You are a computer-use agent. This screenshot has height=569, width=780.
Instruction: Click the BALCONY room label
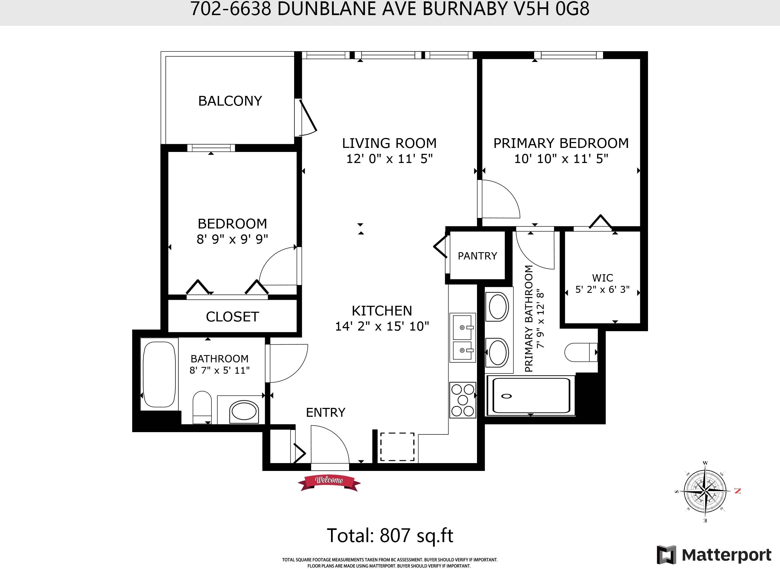click(x=230, y=101)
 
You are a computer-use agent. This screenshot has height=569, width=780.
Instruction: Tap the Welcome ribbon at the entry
click(x=329, y=482)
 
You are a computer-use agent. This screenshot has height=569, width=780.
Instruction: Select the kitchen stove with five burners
click(x=462, y=400)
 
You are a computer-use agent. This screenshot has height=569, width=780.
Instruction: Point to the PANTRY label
click(x=477, y=256)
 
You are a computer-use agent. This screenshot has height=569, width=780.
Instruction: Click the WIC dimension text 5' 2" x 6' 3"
click(x=602, y=289)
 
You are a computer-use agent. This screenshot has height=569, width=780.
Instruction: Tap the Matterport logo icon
click(x=666, y=555)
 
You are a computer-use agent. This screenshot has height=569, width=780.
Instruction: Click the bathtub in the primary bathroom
click(x=531, y=395)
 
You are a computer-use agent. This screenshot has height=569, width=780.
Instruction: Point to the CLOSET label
click(x=232, y=317)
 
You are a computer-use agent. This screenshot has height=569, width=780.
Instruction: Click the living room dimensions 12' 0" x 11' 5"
click(x=389, y=159)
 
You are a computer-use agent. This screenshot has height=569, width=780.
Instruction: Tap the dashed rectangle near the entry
click(x=397, y=447)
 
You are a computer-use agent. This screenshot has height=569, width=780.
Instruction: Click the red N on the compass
click(x=737, y=491)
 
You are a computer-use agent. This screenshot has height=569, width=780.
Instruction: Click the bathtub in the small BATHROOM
click(x=159, y=374)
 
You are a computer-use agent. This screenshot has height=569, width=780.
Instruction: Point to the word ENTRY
click(x=325, y=412)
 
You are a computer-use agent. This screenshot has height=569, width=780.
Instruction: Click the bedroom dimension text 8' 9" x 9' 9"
click(x=232, y=239)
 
